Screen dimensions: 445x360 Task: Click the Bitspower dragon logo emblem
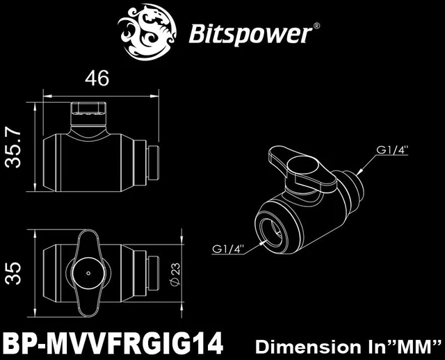coord(147,33)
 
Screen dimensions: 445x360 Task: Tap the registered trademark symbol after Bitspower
coord(317,26)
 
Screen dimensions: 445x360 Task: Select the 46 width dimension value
coord(97,78)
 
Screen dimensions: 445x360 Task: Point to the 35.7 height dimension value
coord(13,149)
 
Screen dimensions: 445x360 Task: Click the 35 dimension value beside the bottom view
coord(13,273)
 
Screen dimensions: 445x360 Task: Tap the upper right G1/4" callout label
coord(392,149)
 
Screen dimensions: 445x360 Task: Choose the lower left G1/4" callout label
coord(229,249)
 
